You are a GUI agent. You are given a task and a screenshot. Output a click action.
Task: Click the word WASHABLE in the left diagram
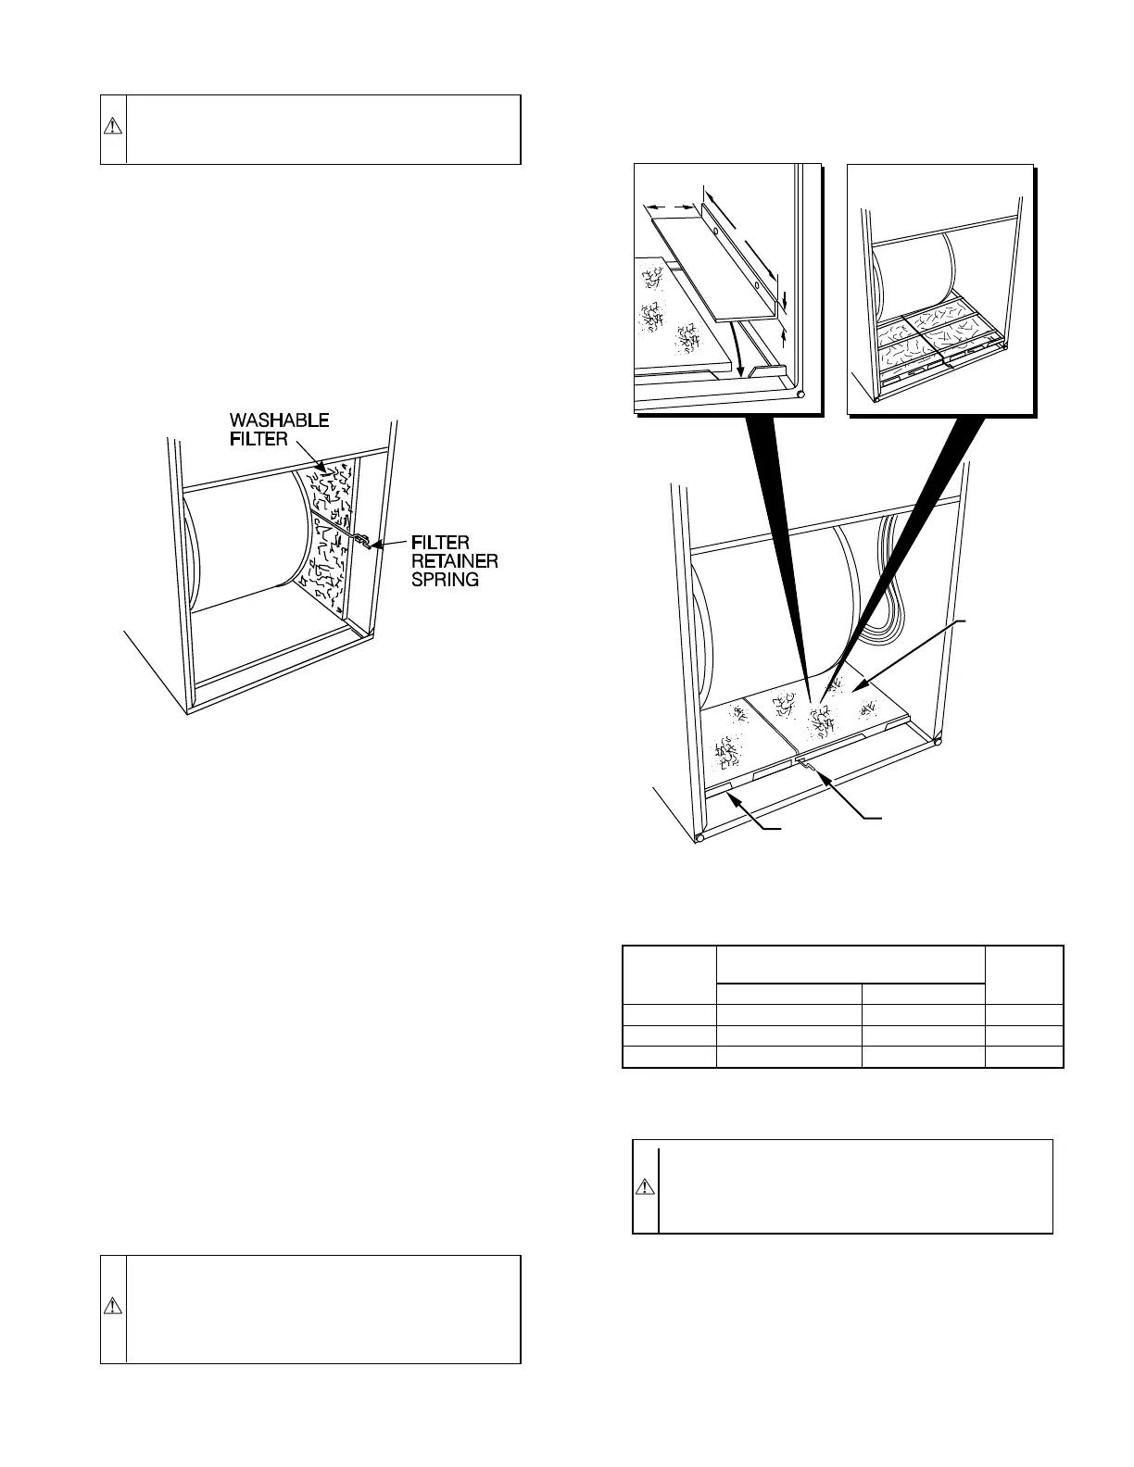279,420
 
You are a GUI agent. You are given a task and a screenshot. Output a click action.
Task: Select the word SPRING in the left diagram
445,580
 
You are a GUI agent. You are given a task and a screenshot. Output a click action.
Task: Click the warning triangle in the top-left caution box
112,129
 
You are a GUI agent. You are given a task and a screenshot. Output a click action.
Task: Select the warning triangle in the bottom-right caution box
645,1186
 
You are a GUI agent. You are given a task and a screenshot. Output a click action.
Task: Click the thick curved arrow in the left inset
737,347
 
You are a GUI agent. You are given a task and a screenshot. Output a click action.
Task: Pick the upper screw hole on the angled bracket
714,227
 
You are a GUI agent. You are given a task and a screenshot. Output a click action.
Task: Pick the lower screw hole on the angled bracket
754,276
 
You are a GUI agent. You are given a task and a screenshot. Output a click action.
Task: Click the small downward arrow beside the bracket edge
784,299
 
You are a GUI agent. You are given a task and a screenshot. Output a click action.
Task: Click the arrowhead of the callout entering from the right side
857,686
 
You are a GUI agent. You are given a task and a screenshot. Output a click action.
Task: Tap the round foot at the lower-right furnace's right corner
939,741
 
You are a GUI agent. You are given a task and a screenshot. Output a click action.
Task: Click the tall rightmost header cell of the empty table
1023,974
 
